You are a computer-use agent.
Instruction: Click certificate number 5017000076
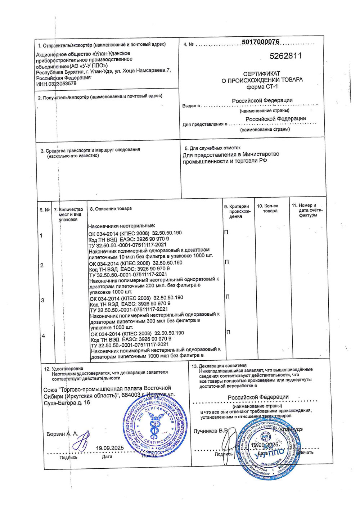(x=260, y=42)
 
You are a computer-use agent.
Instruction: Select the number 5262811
(x=285, y=56)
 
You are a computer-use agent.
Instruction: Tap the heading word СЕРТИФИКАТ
(x=262, y=73)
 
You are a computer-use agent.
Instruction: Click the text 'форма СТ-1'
(x=262, y=87)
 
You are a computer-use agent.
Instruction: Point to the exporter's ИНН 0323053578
(x=56, y=84)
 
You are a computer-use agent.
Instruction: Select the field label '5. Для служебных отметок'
(x=212, y=148)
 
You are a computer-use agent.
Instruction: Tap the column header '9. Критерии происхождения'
(x=237, y=211)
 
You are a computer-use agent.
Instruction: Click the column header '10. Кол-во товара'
(x=267, y=208)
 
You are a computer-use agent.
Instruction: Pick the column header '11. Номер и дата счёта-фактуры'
(x=307, y=210)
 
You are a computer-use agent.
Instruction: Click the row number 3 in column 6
(x=42, y=300)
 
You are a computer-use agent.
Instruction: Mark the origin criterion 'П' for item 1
(x=226, y=232)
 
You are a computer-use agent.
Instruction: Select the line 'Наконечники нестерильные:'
(x=122, y=226)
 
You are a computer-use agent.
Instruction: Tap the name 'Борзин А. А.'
(x=62, y=434)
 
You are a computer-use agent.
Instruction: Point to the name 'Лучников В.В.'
(x=211, y=431)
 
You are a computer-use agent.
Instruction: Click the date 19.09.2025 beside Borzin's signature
(x=109, y=448)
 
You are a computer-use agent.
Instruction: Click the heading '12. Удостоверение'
(x=63, y=369)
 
